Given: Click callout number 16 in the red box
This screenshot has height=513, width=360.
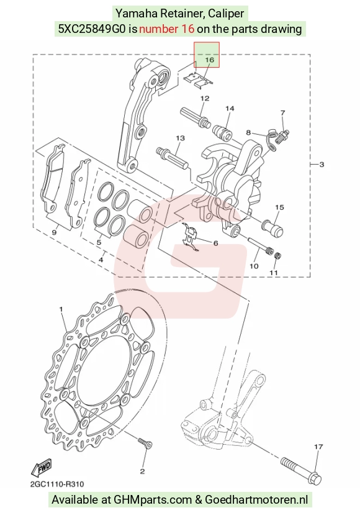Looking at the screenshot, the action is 209,60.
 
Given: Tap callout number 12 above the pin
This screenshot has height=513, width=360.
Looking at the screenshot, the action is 205,98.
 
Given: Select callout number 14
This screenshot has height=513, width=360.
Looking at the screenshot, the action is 230,108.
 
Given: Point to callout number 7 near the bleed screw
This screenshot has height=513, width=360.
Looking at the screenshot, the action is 283,113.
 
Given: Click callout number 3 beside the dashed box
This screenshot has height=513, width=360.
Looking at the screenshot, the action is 322,164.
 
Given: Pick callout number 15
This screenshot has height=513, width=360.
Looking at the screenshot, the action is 279,207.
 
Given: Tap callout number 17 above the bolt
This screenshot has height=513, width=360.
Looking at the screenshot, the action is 318,447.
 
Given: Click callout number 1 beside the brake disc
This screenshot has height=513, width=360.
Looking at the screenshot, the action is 61,309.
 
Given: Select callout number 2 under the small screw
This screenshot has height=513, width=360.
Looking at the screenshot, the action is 142,471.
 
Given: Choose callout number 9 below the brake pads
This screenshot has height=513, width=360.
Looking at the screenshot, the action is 54,233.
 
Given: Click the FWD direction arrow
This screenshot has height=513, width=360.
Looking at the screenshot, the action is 42,467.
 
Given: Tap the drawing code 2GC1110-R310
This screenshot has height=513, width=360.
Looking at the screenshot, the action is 57,484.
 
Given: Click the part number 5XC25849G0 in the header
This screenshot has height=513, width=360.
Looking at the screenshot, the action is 92,29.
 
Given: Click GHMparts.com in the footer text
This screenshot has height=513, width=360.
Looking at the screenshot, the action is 153,500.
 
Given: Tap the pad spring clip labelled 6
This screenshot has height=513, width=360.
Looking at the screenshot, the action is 191,238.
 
